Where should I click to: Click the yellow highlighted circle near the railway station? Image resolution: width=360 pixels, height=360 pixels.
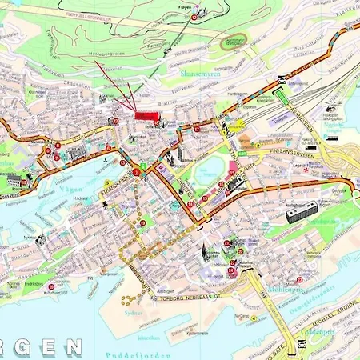(238, 126)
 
